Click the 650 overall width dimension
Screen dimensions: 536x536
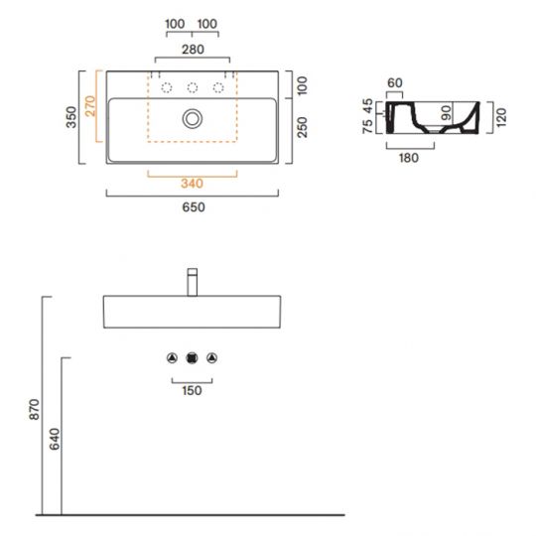pyautogui.click(x=193, y=207)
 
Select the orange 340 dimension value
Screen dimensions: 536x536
pyautogui.click(x=193, y=182)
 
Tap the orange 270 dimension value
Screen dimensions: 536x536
pyautogui.click(x=92, y=106)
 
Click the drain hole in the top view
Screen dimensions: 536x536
pyautogui.click(x=193, y=119)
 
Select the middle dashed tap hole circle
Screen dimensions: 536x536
pyautogui.click(x=193, y=86)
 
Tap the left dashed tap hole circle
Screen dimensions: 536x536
pyautogui.click(x=168, y=86)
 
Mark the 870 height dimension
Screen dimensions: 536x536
pyautogui.click(x=34, y=409)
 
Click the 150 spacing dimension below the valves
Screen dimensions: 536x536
pyautogui.click(x=193, y=390)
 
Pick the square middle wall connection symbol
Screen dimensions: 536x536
pyautogui.click(x=193, y=358)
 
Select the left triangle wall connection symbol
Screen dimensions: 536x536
pyautogui.click(x=173, y=358)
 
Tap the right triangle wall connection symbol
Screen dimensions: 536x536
pyautogui.click(x=211, y=358)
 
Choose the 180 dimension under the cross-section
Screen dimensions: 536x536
pyautogui.click(x=408, y=158)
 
